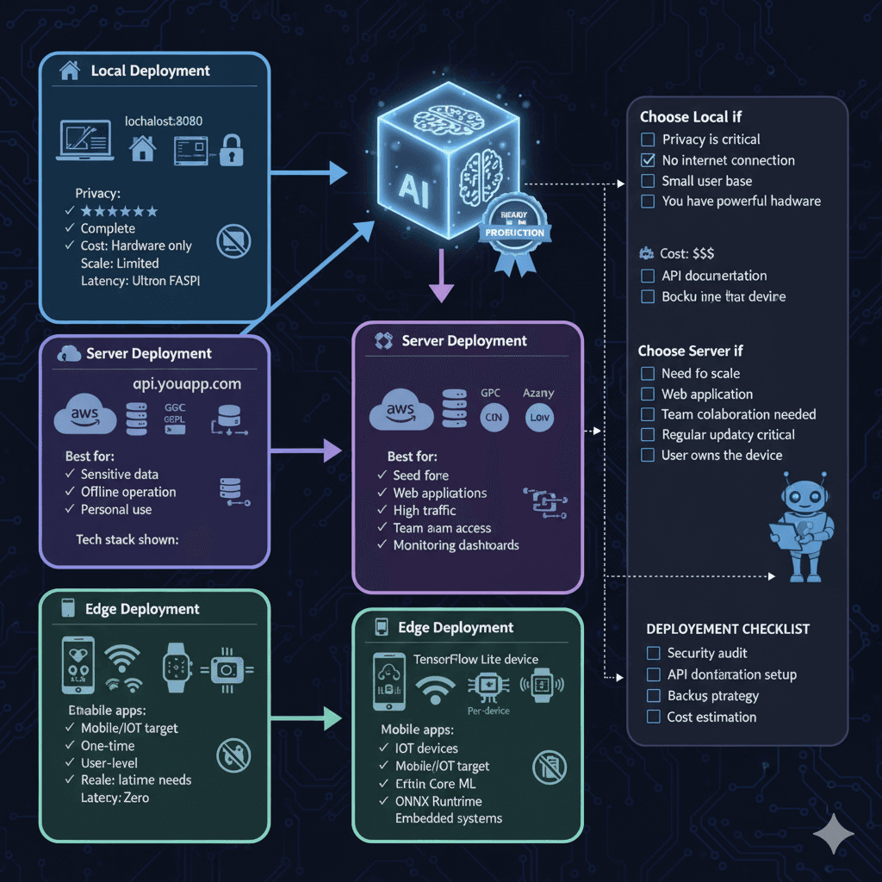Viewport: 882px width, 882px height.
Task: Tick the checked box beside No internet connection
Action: click(648, 160)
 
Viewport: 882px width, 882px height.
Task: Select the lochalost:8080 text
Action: click(164, 121)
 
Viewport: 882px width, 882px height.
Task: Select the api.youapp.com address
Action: click(186, 384)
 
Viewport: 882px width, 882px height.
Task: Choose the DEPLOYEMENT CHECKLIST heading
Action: click(728, 629)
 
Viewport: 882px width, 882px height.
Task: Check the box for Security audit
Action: click(653, 654)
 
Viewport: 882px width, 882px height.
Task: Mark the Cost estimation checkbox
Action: click(653, 717)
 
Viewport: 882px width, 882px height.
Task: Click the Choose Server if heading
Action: click(690, 351)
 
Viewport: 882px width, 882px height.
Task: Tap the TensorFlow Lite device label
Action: click(475, 659)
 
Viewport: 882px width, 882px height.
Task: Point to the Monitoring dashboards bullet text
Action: click(456, 545)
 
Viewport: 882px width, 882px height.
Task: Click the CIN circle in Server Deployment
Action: click(494, 419)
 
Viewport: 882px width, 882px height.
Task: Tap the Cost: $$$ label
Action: click(686, 254)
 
